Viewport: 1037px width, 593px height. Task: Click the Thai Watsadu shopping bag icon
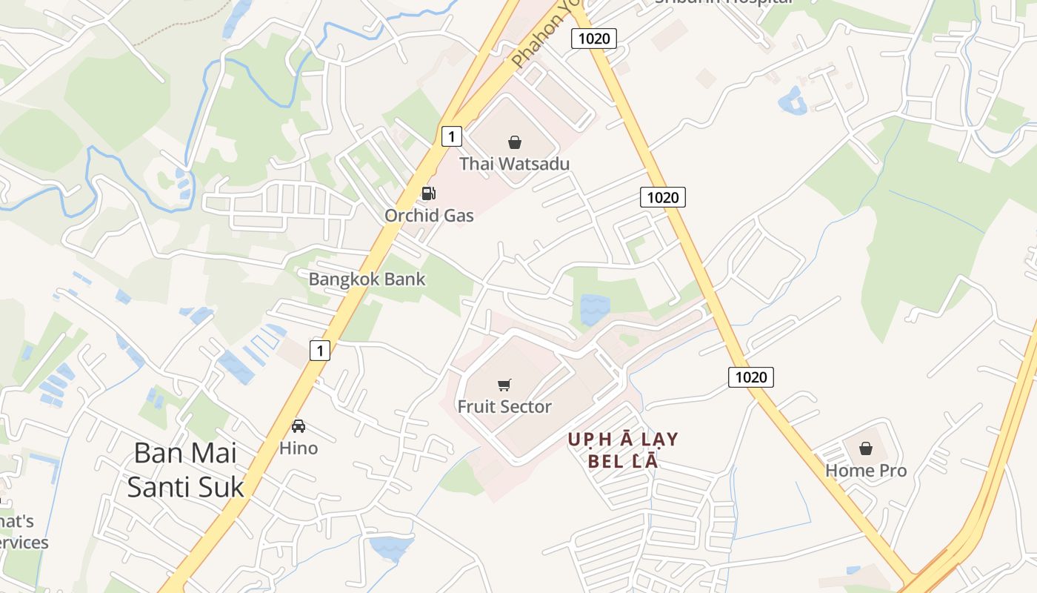point(514,142)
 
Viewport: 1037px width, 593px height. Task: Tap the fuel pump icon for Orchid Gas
point(428,194)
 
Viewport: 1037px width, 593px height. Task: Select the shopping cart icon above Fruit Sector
point(504,385)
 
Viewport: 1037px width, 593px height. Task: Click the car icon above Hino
point(299,426)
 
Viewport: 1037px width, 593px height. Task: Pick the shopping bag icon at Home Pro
point(865,448)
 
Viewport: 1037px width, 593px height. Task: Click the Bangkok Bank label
point(367,279)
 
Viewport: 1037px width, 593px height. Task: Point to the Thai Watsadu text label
point(514,163)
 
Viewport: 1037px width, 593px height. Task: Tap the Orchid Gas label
point(428,216)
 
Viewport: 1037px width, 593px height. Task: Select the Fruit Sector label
point(504,406)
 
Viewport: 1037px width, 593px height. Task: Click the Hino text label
point(299,448)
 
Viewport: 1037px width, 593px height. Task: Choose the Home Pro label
point(865,471)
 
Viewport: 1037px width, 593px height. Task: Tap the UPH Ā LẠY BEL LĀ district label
point(623,450)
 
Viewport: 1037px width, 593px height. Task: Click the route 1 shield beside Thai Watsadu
point(451,136)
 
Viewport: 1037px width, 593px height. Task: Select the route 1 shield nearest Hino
point(319,350)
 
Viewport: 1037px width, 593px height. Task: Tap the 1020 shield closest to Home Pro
point(751,377)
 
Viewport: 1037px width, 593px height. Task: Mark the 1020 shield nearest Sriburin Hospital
point(594,39)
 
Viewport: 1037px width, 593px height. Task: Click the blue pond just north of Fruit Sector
point(595,309)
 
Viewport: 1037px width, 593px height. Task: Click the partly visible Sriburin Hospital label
point(722,2)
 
